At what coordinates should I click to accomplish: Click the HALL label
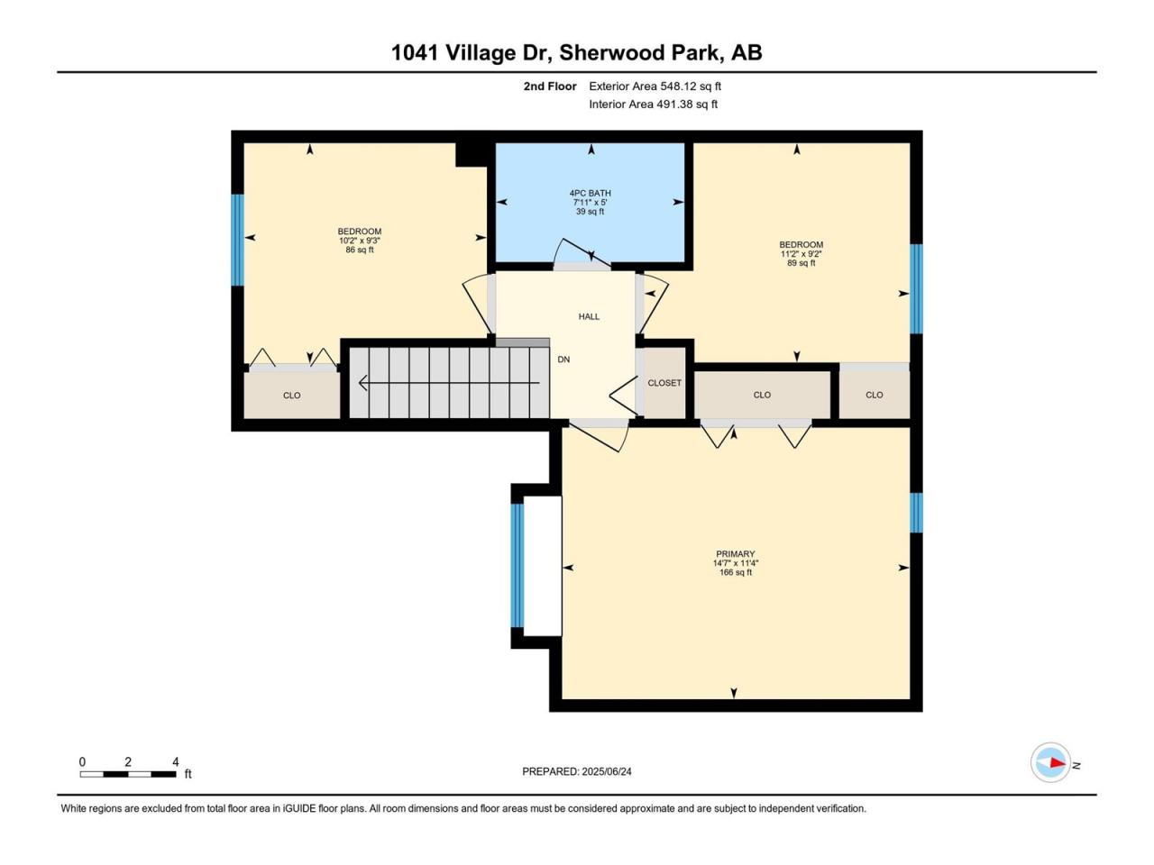(589, 316)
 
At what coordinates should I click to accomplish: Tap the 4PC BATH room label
(590, 193)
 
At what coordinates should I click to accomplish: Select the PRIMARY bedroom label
(735, 553)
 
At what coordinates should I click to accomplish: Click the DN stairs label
(563, 360)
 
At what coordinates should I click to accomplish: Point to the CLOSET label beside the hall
(664, 384)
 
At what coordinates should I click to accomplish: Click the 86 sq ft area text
(360, 250)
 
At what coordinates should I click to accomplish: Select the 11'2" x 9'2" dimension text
(801, 254)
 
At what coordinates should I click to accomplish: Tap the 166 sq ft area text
(736, 572)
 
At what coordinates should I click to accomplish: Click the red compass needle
(1058, 762)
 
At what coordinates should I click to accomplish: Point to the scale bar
(128, 774)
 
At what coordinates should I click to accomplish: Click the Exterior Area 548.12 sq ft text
(655, 86)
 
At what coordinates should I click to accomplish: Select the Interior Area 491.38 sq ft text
(653, 104)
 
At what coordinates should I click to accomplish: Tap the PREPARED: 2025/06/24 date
(577, 771)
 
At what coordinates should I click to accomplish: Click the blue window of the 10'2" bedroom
(238, 240)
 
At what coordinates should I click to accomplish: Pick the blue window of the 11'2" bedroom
(916, 289)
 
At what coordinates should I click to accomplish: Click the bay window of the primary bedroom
(517, 566)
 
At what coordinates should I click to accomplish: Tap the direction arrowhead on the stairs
(362, 384)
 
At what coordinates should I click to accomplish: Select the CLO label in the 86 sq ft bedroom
(292, 396)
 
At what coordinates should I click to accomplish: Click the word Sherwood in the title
(638, 52)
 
